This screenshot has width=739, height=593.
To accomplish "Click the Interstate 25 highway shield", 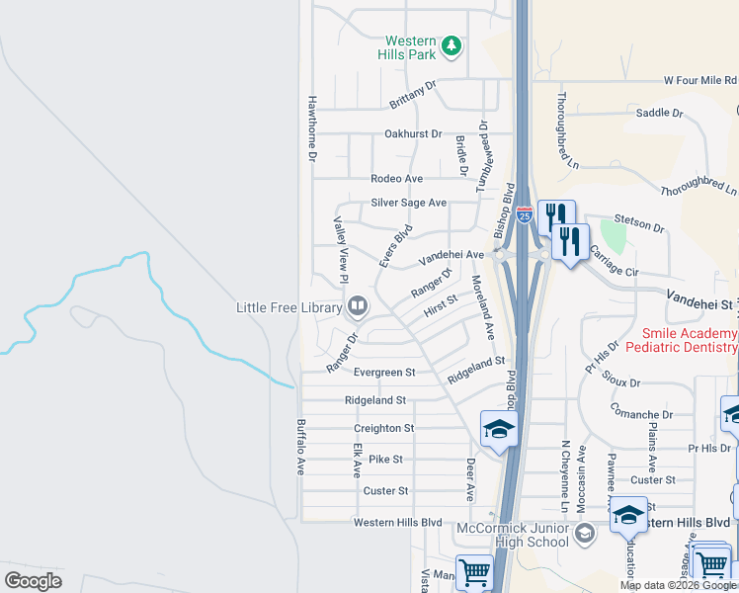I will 524,213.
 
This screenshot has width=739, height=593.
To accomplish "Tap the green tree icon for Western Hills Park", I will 452,45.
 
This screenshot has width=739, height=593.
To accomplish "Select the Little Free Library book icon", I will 357,307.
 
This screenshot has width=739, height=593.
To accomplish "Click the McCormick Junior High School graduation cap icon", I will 585,534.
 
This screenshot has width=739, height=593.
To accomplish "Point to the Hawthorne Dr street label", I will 310,128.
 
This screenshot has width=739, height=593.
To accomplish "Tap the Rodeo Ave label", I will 396,179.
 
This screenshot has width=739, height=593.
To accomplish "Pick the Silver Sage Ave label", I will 409,203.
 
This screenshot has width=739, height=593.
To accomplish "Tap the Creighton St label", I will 384,428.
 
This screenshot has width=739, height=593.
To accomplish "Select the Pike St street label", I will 385,460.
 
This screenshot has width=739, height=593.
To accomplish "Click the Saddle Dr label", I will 660,114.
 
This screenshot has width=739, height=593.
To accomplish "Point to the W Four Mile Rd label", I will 699,80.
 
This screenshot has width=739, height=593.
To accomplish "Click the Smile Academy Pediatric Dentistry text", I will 690,341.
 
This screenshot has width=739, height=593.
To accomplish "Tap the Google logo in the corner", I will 33,580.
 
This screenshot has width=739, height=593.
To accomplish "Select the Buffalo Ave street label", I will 300,447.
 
